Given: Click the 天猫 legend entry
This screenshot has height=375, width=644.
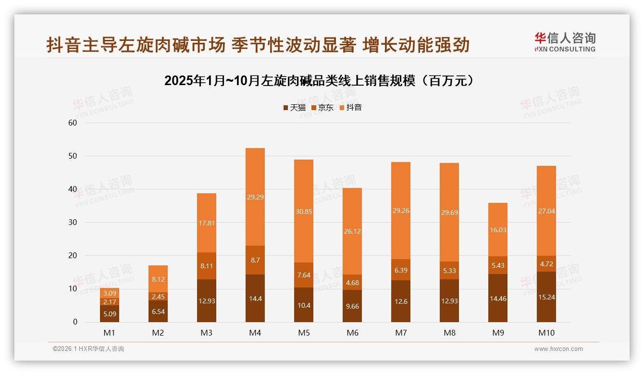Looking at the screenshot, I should click(294, 108).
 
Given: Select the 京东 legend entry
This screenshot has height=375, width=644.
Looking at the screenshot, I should click(322, 108).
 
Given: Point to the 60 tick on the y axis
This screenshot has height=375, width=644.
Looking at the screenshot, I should click(73, 123).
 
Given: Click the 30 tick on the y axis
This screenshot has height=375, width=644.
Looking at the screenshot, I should click(73, 223).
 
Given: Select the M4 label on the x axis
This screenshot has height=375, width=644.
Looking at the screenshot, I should click(255, 333).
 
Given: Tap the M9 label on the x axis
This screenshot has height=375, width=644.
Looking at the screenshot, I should click(497, 333).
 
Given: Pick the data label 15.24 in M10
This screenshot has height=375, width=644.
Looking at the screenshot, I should click(546, 297).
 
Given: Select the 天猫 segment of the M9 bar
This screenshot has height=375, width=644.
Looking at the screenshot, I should click(497, 298).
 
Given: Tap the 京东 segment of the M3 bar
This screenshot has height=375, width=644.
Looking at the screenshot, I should click(207, 266).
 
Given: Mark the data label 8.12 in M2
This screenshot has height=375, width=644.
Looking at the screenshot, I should click(158, 279).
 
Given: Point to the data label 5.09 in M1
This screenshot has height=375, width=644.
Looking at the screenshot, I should click(110, 314).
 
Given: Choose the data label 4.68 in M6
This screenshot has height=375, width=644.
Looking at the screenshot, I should click(352, 282).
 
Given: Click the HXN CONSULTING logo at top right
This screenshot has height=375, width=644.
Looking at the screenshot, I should click(565, 42).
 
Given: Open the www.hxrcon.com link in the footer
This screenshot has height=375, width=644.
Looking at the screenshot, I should click(558, 349).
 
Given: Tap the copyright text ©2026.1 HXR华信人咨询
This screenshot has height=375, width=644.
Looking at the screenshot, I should click(88, 349).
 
